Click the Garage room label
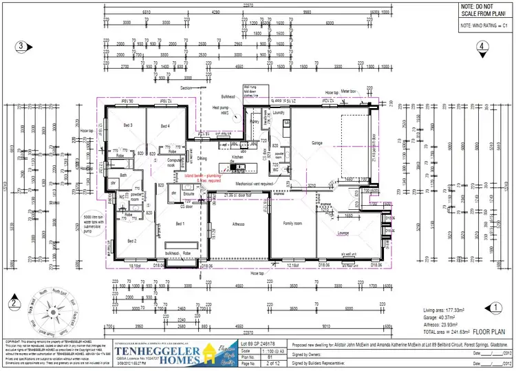click(317, 143)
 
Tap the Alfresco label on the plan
click(237, 224)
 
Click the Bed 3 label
click(128, 125)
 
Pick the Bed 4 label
click(165, 125)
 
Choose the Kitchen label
click(237, 157)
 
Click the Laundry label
click(279, 112)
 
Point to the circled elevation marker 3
click(22, 46)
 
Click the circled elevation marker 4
click(484, 46)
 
